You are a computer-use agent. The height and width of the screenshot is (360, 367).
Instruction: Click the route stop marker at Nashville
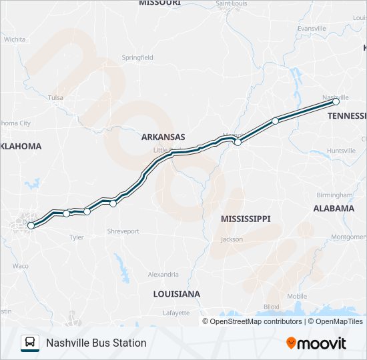(336, 102)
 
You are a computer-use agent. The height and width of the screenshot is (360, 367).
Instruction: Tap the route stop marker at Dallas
(31, 226)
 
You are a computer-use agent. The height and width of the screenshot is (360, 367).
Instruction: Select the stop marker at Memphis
(238, 142)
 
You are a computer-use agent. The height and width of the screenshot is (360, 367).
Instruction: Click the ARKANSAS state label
(163, 137)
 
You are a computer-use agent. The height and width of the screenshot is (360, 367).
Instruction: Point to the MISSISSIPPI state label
(246, 219)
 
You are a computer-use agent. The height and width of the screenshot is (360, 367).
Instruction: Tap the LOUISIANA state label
(176, 294)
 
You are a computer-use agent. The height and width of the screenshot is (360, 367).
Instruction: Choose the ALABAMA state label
(334, 209)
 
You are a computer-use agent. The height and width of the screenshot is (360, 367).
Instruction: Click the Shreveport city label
(123, 231)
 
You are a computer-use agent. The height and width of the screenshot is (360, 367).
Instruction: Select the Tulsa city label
(55, 98)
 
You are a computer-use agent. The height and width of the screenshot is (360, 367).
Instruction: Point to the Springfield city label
(137, 58)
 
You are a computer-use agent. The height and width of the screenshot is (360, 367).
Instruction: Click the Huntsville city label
(341, 151)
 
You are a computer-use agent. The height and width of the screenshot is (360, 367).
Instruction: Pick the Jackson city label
(232, 239)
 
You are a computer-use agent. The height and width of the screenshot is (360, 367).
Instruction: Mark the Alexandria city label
(163, 274)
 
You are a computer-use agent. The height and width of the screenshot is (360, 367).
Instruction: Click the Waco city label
(20, 265)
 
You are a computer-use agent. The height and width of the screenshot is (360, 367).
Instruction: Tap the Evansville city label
(312, 29)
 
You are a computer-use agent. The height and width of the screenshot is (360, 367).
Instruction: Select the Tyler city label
(76, 237)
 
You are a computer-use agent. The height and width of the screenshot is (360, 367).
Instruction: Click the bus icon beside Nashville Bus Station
(30, 343)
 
